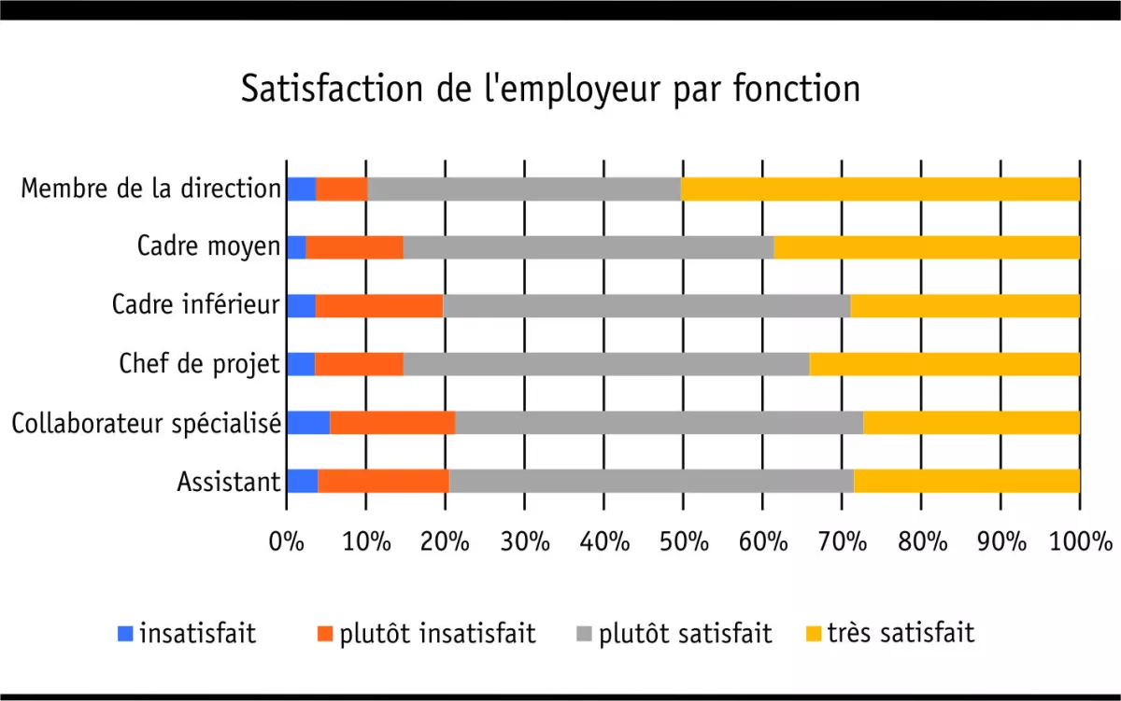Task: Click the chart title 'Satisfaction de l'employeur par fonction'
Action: [550, 90]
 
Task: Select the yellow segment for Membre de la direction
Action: [880, 189]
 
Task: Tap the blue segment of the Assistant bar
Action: [302, 481]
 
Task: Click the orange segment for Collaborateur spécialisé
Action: [392, 422]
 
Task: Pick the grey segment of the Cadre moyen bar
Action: [589, 247]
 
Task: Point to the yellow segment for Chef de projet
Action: [944, 364]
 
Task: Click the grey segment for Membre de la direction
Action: [524, 189]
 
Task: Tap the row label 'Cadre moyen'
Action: [208, 247]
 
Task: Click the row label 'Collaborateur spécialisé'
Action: [146, 423]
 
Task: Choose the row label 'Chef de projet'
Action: [199, 364]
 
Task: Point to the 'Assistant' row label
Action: [228, 482]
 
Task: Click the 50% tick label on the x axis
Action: [683, 541]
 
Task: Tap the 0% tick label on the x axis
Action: [287, 541]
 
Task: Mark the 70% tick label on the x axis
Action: [842, 541]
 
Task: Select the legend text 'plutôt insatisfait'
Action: [437, 634]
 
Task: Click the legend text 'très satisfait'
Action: [900, 634]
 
